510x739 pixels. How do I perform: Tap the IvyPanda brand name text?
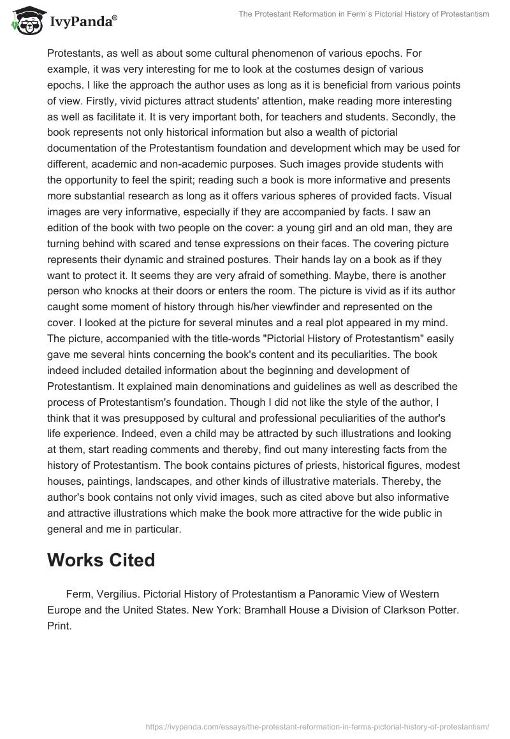tap(79, 23)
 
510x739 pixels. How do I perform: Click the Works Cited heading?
tap(101, 560)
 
